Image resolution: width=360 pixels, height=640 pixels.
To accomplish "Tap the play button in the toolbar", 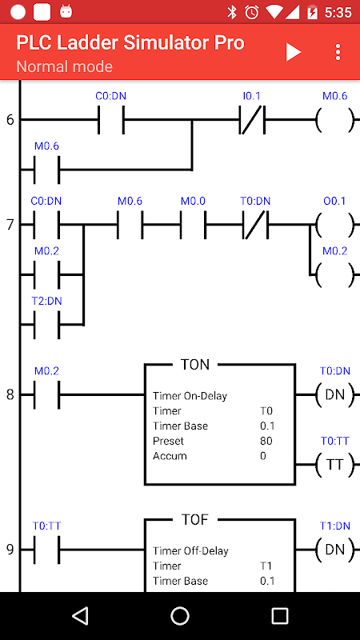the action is tap(293, 52).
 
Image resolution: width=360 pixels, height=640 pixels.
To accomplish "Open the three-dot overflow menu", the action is tap(338, 52).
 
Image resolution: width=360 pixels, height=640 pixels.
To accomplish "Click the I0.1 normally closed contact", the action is tap(252, 119).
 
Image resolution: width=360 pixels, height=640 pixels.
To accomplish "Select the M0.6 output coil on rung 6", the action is tap(334, 119).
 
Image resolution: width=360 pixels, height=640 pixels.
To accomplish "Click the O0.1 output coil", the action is tap(334, 225).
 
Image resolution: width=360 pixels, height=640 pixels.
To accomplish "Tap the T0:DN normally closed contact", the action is tap(255, 225).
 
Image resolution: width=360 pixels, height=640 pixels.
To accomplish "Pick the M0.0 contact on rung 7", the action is tap(193, 225).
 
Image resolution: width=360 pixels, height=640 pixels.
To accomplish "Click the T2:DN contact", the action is tap(46, 325).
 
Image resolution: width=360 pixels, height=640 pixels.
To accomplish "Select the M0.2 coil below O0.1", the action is tap(334, 274).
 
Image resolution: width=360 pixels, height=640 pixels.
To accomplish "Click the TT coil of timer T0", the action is tap(334, 465).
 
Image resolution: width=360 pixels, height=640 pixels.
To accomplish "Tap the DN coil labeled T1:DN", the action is tap(334, 550).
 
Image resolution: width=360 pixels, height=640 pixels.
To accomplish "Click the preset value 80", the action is tap(266, 441).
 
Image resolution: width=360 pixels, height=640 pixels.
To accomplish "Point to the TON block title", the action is tap(195, 365).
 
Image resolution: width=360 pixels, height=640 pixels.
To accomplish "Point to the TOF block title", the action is tap(195, 519).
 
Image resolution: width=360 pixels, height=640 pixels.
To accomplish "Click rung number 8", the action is tap(10, 394).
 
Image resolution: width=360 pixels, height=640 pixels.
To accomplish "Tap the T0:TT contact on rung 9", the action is tap(46, 550).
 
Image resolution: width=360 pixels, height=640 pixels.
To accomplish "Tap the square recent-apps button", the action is tap(279, 615).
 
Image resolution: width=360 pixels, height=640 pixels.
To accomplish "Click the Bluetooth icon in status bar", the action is tap(232, 12).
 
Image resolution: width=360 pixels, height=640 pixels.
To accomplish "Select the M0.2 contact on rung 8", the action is tap(46, 394).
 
